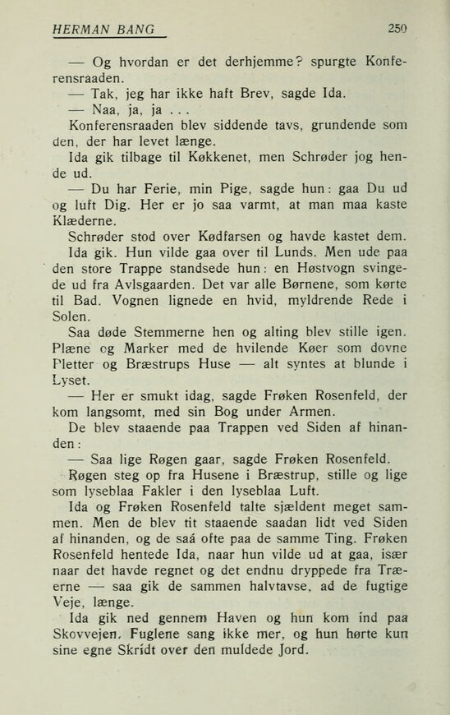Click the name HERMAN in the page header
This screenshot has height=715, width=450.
pyautogui.click(x=80, y=30)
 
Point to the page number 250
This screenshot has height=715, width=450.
pyautogui.click(x=398, y=29)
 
